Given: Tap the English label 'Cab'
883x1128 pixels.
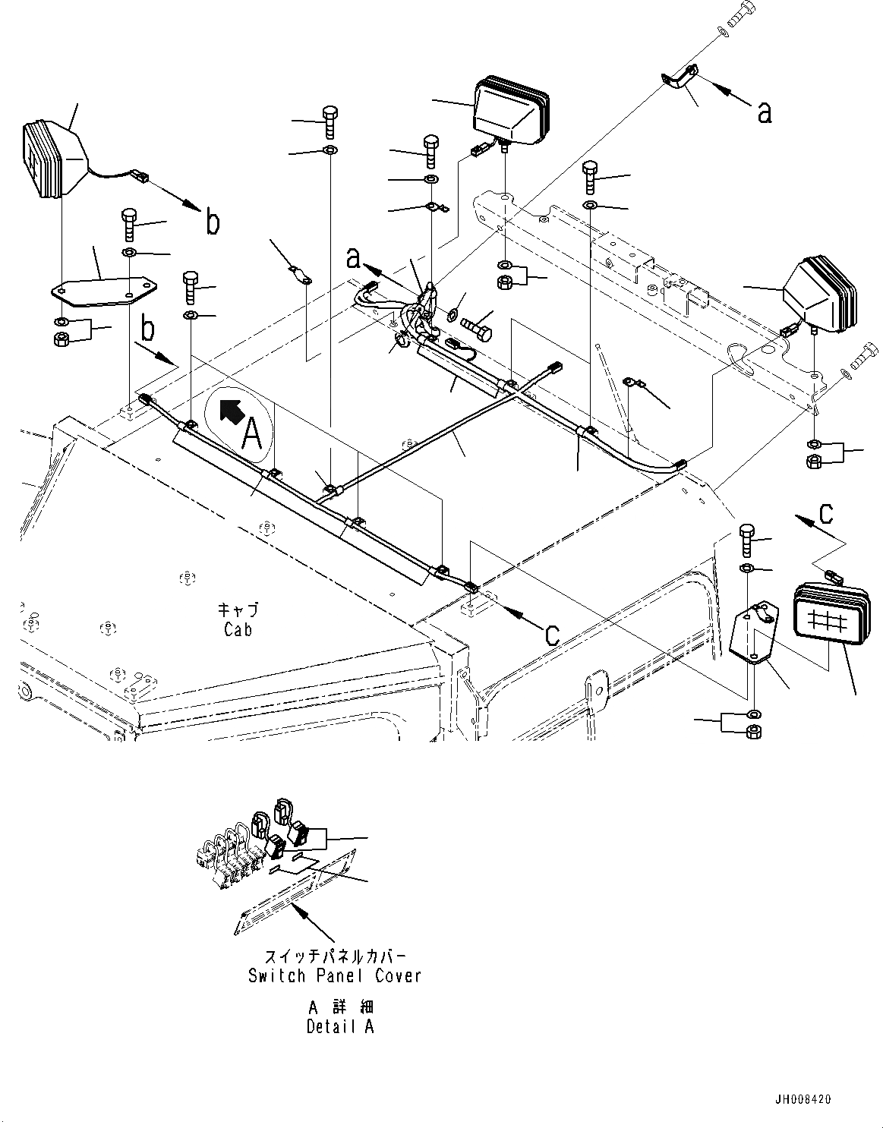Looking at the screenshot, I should pos(238,629).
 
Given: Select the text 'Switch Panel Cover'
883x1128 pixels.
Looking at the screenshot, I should pos(335,975).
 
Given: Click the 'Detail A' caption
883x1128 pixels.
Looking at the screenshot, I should pos(340,1027).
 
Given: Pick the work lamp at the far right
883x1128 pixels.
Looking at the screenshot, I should pos(821,293).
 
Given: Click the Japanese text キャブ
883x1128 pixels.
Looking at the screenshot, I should pos(238,610).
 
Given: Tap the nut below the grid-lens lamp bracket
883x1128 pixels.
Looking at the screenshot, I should pos(754,732).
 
